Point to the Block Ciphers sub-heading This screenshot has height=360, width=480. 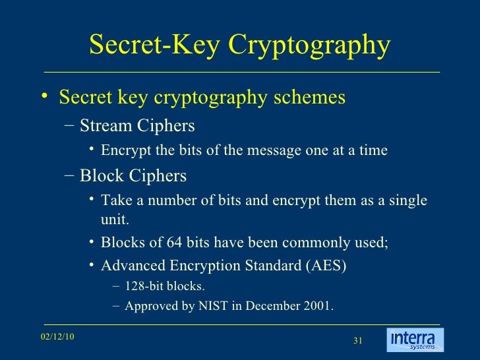click(133, 176)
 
